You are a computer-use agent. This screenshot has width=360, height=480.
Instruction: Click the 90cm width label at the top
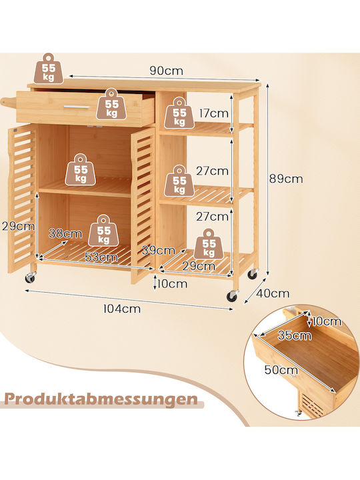tap(166, 71)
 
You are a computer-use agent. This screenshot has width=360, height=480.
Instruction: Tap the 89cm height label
tap(286, 179)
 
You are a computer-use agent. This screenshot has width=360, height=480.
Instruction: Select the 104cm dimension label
tap(122, 309)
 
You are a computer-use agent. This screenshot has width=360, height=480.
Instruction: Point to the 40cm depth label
tap(273, 293)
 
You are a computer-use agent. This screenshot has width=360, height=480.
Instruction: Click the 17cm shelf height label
tap(214, 113)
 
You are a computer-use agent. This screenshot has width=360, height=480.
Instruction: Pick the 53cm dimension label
tap(101, 257)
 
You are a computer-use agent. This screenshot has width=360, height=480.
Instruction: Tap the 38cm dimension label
tap(65, 234)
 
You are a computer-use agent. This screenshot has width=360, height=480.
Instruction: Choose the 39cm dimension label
tap(158, 251)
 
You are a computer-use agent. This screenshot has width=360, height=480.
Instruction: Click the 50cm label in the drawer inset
tap(281, 369)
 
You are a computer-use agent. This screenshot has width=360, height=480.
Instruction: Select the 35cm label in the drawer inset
tap(295, 335)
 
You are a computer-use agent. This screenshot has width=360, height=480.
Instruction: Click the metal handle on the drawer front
tap(77, 107)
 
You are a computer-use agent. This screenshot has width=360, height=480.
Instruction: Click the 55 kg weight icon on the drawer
tap(112, 104)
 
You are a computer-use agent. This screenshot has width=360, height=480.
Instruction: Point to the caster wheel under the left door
tap(30, 277)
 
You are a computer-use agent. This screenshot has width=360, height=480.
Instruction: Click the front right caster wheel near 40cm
tap(233, 296)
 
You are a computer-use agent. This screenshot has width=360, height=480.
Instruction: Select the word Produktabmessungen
tap(101, 399)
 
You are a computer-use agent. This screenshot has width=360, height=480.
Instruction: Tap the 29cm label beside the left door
tap(18, 227)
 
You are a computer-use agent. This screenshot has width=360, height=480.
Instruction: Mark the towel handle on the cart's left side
tap(8, 103)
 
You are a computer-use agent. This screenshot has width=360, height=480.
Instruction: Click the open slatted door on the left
tap(22, 199)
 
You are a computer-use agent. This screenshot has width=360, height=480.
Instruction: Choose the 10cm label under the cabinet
tap(173, 284)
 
